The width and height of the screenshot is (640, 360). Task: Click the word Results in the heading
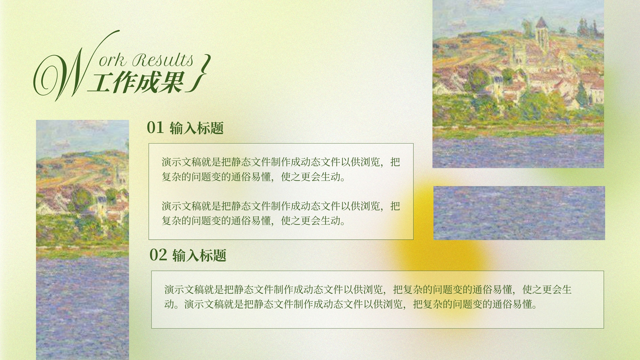point(162,60)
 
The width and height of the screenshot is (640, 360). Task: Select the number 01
point(155,128)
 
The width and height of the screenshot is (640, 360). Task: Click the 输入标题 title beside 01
point(196,128)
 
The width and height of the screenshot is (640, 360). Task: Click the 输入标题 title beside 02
point(200,255)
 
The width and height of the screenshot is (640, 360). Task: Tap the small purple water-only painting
point(519,213)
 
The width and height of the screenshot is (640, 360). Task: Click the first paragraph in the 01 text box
point(281,170)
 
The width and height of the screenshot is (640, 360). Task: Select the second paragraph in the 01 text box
point(281,213)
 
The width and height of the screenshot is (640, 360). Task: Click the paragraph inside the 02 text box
point(368,297)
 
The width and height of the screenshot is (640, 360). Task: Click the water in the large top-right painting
point(518,152)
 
